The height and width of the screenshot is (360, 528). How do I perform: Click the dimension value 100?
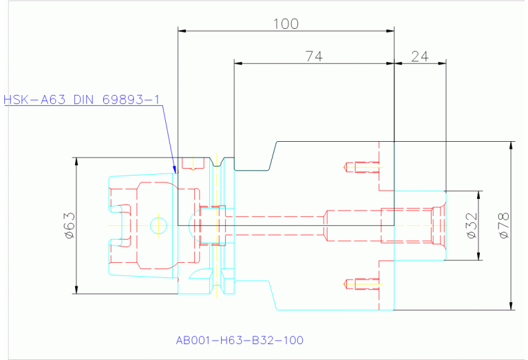tap(286, 24)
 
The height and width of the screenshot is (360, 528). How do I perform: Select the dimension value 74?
tap(314, 57)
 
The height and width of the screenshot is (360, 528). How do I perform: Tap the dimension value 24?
tap(420, 57)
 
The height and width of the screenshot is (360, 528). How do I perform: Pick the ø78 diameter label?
tap(503, 225)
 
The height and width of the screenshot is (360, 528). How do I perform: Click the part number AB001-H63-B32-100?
tap(240, 340)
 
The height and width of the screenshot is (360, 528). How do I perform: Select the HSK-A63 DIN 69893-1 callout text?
tap(82, 100)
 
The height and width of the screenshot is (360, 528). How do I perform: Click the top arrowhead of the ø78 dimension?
tap(511, 145)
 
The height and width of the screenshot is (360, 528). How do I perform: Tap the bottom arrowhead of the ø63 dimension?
tap(76, 290)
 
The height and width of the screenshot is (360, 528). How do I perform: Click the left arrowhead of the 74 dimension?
tap(238, 63)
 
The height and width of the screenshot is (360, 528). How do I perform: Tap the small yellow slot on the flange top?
tap(193, 165)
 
